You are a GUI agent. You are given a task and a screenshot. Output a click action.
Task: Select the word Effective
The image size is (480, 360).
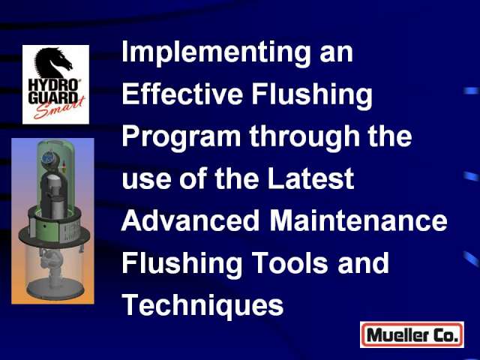182,93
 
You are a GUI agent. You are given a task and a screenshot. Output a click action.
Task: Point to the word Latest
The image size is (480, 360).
310,178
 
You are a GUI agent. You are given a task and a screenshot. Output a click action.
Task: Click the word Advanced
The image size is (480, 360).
190,220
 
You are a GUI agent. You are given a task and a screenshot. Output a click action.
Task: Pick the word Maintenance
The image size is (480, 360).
358,220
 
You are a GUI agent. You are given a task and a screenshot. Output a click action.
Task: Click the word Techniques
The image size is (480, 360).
202,307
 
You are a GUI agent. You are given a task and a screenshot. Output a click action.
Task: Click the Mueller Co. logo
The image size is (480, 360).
412,334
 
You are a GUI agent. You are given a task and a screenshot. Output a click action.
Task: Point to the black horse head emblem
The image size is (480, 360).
52,63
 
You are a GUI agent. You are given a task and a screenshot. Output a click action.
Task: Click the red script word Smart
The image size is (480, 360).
58,108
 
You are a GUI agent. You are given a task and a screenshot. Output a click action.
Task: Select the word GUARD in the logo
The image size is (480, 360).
52,97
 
